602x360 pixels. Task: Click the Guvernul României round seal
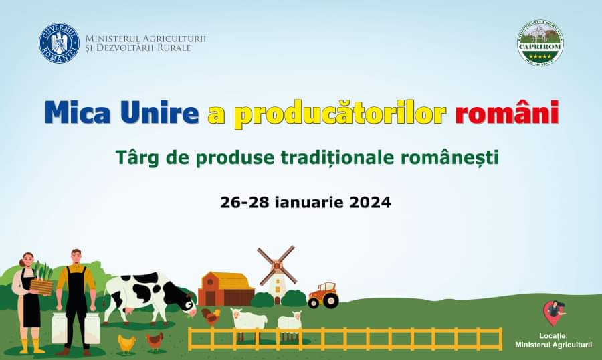tap(59, 43)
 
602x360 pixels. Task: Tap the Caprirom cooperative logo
tap(540, 43)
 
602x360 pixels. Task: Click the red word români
tap(507, 112)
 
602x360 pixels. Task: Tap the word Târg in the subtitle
tap(136, 159)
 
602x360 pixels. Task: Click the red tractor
tap(323, 294)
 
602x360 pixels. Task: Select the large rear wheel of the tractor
tap(330, 300)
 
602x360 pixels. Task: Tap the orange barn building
tap(226, 288)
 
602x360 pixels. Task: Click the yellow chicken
tap(126, 343)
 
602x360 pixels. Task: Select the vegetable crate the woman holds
tap(41, 286)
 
